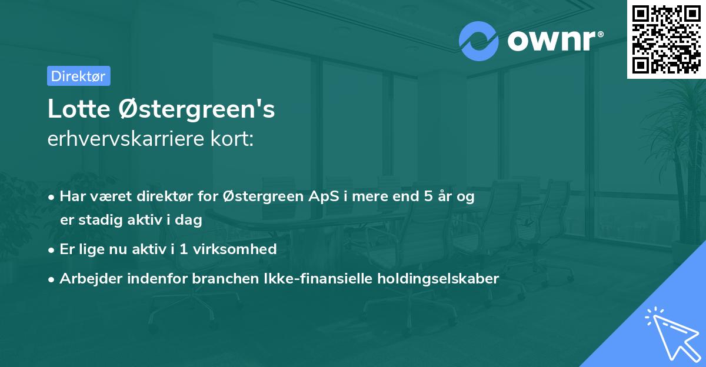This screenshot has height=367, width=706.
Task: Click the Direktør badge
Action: (x=78, y=76)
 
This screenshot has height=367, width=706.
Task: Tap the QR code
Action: (x=666, y=39)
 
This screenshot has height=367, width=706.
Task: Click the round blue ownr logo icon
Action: (x=479, y=41)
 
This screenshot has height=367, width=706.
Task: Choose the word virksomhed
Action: (x=247, y=249)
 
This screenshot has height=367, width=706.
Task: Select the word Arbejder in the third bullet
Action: (x=86, y=279)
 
